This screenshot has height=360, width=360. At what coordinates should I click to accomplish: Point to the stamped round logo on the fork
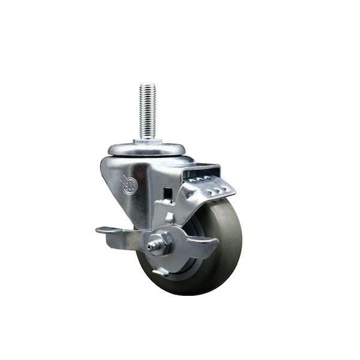coord(129,185)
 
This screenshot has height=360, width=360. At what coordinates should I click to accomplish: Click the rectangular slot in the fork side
coord(168,194)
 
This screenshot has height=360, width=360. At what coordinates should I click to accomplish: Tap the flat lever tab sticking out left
coord(108,230)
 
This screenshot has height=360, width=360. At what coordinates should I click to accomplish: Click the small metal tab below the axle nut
coord(160,272)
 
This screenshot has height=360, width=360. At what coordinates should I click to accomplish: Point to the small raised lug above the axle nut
coord(170,218)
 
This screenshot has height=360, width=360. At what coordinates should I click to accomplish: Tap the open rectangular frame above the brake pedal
coord(201,170)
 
